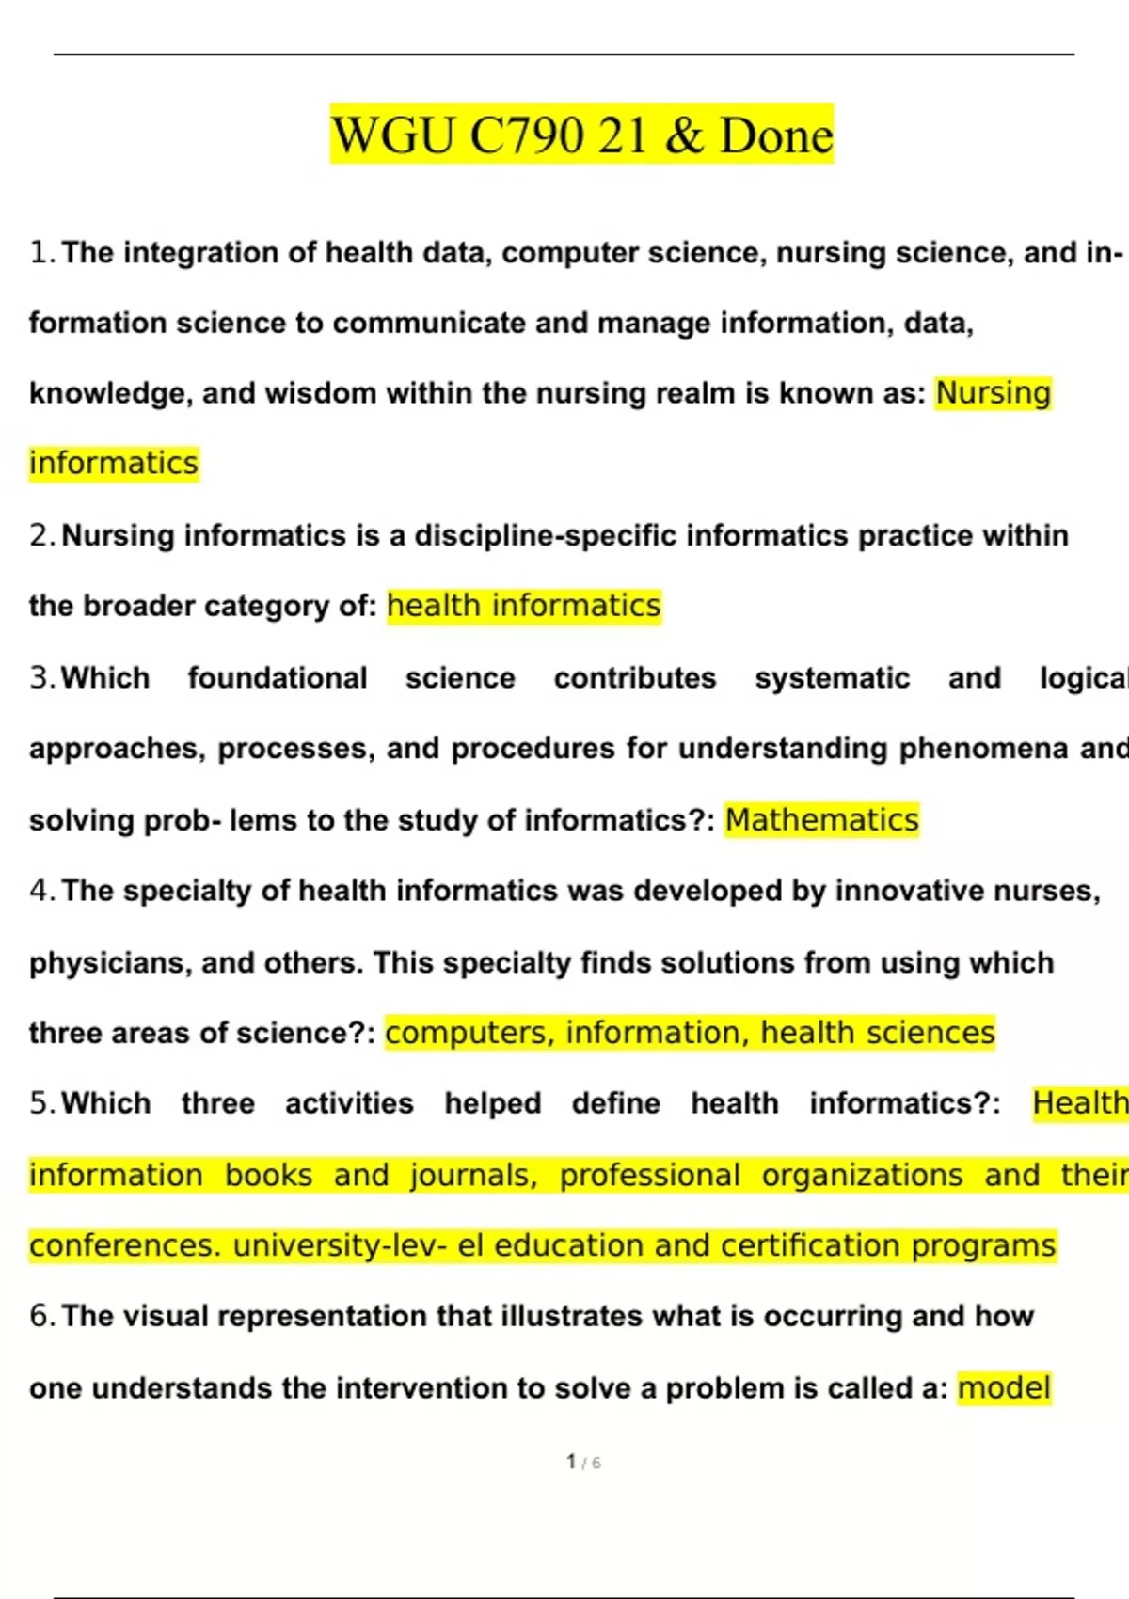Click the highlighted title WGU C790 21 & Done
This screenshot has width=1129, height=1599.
click(x=581, y=135)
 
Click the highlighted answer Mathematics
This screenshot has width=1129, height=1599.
click(x=821, y=820)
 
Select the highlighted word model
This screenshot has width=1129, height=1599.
click(x=1004, y=1388)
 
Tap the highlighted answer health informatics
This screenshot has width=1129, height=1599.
click(x=524, y=606)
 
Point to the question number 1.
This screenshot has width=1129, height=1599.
click(x=40, y=253)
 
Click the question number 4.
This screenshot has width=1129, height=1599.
click(x=40, y=891)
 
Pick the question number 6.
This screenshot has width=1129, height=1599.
click(x=40, y=1316)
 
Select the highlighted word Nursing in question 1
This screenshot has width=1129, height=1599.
click(x=993, y=393)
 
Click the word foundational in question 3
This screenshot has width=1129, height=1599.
click(x=278, y=678)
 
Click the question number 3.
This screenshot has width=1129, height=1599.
click(x=40, y=678)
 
